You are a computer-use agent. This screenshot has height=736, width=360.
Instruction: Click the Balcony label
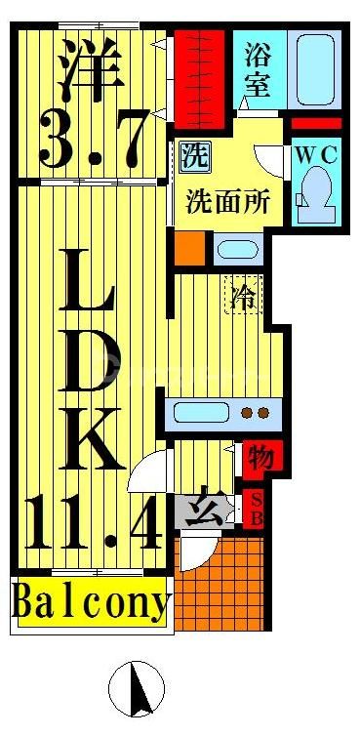tap(91, 604)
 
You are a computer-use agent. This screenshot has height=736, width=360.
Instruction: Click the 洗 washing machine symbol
tap(191, 154)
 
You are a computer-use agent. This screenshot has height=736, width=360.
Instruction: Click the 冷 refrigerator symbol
tap(242, 296)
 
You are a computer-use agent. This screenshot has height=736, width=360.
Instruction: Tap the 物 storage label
tap(259, 457)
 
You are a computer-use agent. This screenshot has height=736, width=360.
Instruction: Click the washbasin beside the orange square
tap(235, 249)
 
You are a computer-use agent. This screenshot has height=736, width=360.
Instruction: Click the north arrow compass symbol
tap(134, 689)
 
